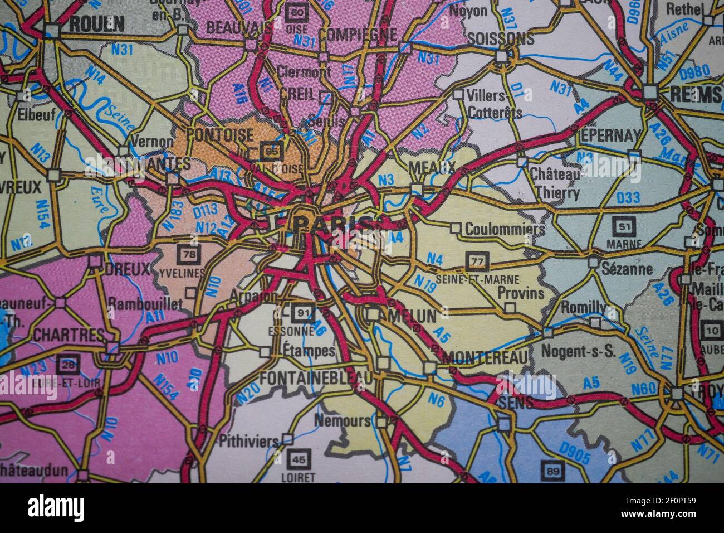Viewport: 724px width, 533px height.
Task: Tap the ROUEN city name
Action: (96, 23)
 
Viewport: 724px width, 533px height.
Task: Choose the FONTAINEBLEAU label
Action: (316, 379)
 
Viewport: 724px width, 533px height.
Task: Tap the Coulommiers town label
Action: (505, 229)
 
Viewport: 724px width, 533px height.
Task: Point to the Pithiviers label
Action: (248, 441)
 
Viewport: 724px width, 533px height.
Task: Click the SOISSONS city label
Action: (501, 38)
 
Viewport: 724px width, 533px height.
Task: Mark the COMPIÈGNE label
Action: (359, 35)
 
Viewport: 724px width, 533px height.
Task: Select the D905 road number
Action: (575, 453)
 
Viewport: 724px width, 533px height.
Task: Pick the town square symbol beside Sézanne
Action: (594, 262)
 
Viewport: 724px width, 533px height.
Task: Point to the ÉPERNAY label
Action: (610, 135)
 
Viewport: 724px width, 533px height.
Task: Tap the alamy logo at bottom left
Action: (56, 507)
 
